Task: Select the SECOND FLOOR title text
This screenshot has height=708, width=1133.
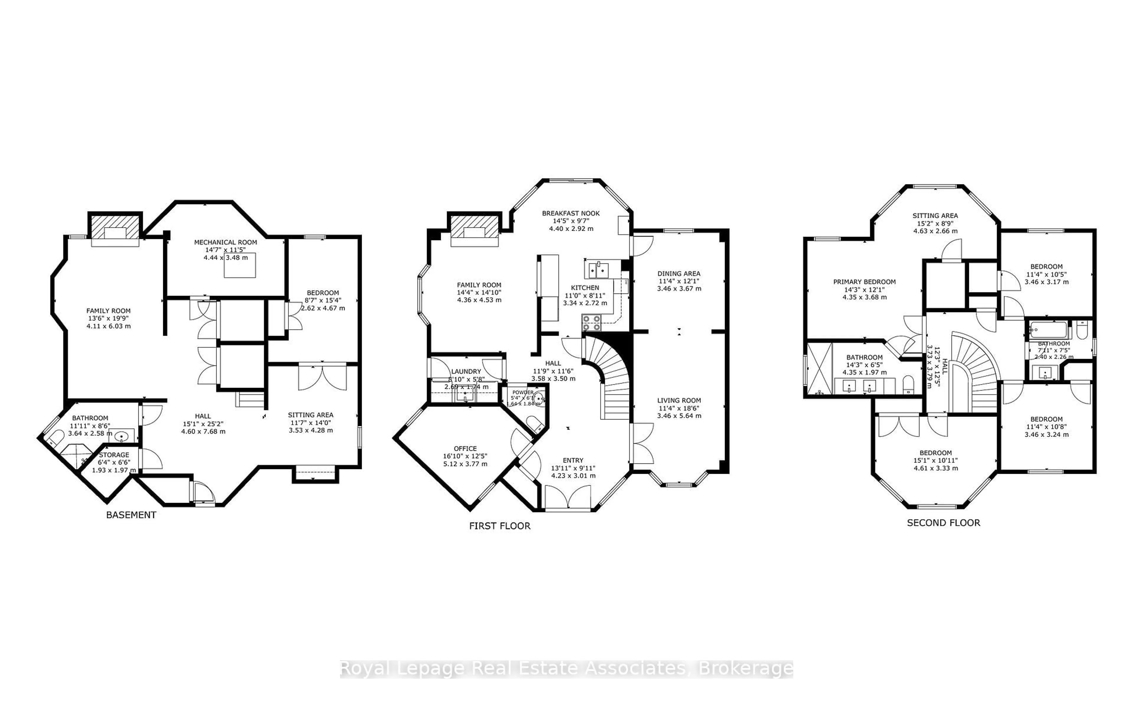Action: point(943,522)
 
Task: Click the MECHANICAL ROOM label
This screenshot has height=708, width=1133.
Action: point(226,242)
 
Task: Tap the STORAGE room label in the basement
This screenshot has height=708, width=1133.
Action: point(114,455)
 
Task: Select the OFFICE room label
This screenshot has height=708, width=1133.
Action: point(465,448)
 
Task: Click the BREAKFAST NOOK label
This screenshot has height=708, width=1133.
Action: point(571,213)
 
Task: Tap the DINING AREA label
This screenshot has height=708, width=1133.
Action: point(678,273)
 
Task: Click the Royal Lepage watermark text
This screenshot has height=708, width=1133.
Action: point(566,669)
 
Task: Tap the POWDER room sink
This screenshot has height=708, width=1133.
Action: point(539,399)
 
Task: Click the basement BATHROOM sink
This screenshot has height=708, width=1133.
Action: point(122,436)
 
